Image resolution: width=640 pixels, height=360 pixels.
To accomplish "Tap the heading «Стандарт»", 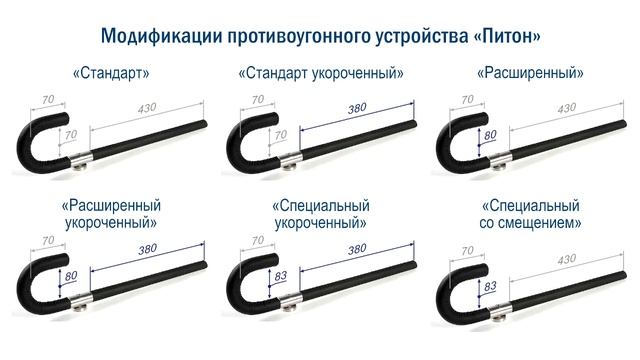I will [x=111, y=74].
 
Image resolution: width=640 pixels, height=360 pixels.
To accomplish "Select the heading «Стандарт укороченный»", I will [x=321, y=74].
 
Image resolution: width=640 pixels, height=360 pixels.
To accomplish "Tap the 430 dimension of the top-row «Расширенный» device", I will [x=565, y=107].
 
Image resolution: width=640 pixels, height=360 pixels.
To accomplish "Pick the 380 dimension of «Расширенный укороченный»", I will [x=147, y=247].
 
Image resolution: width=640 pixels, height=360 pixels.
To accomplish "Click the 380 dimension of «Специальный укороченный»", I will [x=357, y=247].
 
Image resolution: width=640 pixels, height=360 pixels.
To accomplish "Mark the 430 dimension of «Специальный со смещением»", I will [x=565, y=259].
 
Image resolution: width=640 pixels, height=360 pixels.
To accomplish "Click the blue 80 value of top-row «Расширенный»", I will [x=490, y=134].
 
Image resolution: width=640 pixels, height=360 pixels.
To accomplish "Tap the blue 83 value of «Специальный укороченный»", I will [x=280, y=275].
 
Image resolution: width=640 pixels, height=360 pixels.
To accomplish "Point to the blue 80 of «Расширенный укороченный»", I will [x=70, y=275].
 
